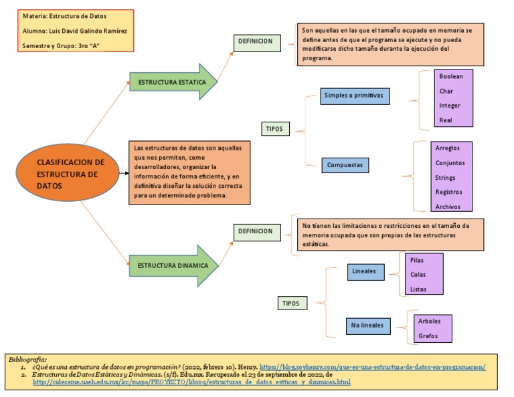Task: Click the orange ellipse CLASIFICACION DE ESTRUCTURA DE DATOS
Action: pos(70,174)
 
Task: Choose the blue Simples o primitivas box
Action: pos(354,96)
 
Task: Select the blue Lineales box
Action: pos(364,271)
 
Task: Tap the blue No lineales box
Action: pos(367,325)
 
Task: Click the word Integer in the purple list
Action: pos(449,106)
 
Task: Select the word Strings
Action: pos(445,178)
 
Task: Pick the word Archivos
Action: pos(448,207)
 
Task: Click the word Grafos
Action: pos(428,336)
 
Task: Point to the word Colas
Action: pos(418,274)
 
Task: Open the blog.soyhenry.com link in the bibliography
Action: pos(372,367)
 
